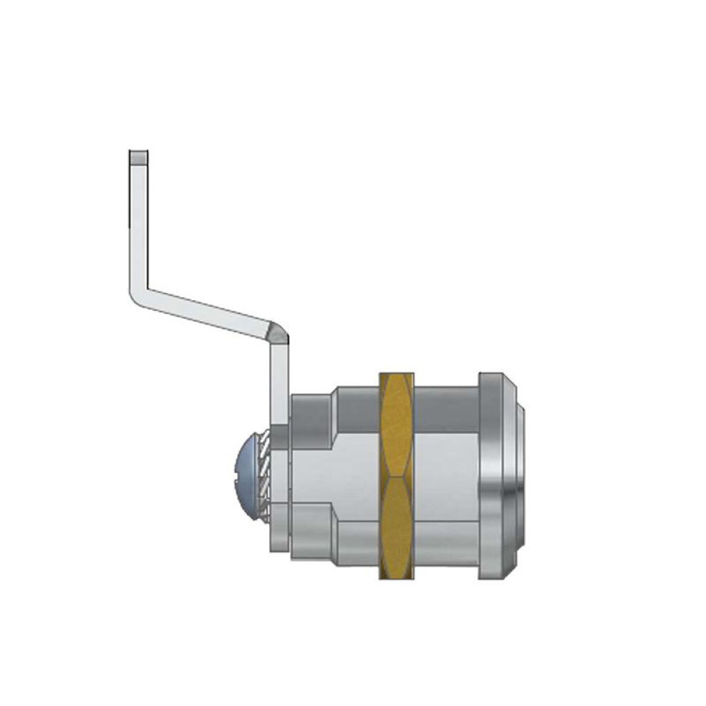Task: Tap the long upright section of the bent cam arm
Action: coord(138,226)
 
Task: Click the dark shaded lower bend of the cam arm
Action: coord(277,332)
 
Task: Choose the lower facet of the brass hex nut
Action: coord(397,526)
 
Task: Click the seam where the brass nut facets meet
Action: coord(397,474)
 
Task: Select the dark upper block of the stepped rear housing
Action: coord(311,417)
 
